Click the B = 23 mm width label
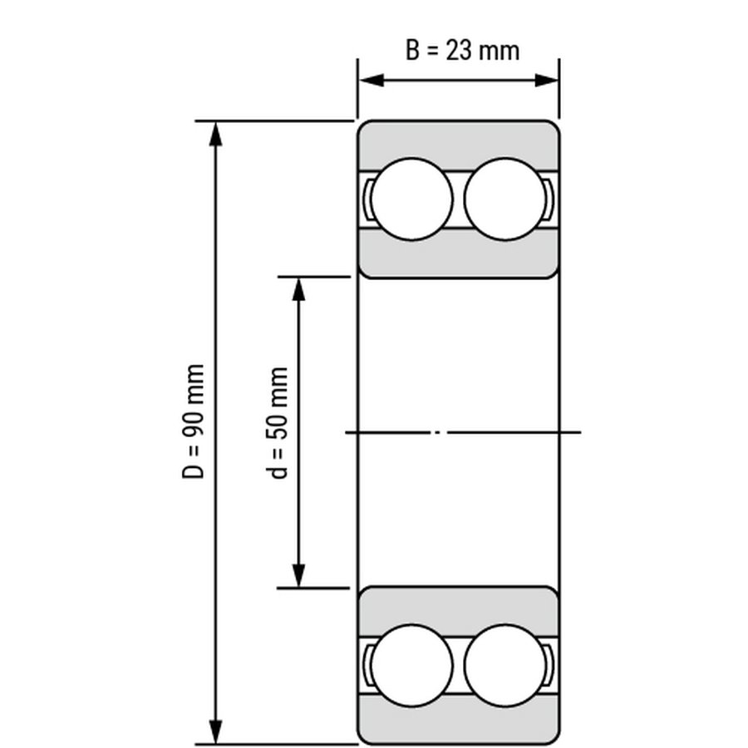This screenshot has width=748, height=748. pos(462,50)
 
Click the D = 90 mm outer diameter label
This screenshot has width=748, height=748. pos(194,421)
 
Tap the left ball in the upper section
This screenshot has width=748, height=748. pos(412,199)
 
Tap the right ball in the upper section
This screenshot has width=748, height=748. pos(504,199)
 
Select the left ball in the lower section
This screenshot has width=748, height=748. pos(412,666)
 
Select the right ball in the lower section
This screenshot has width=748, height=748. pos(504,666)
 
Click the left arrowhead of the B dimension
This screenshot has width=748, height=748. pos(369,81)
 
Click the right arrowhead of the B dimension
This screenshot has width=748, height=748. pos(548,81)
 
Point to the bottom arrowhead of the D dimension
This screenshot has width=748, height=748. pos(216,732)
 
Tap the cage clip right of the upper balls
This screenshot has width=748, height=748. pos(551,199)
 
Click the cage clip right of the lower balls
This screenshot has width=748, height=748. pos(551,666)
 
